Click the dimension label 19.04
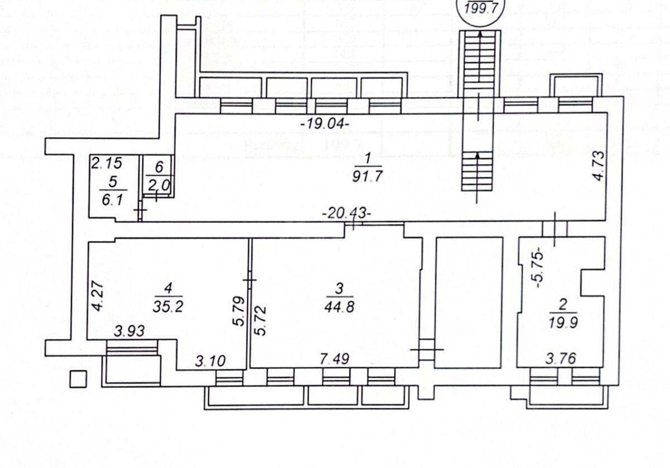click(324, 124)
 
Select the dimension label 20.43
click(346, 213)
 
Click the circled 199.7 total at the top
click(481, 8)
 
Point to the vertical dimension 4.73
click(598, 166)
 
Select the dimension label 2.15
click(106, 164)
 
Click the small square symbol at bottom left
click(78, 379)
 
